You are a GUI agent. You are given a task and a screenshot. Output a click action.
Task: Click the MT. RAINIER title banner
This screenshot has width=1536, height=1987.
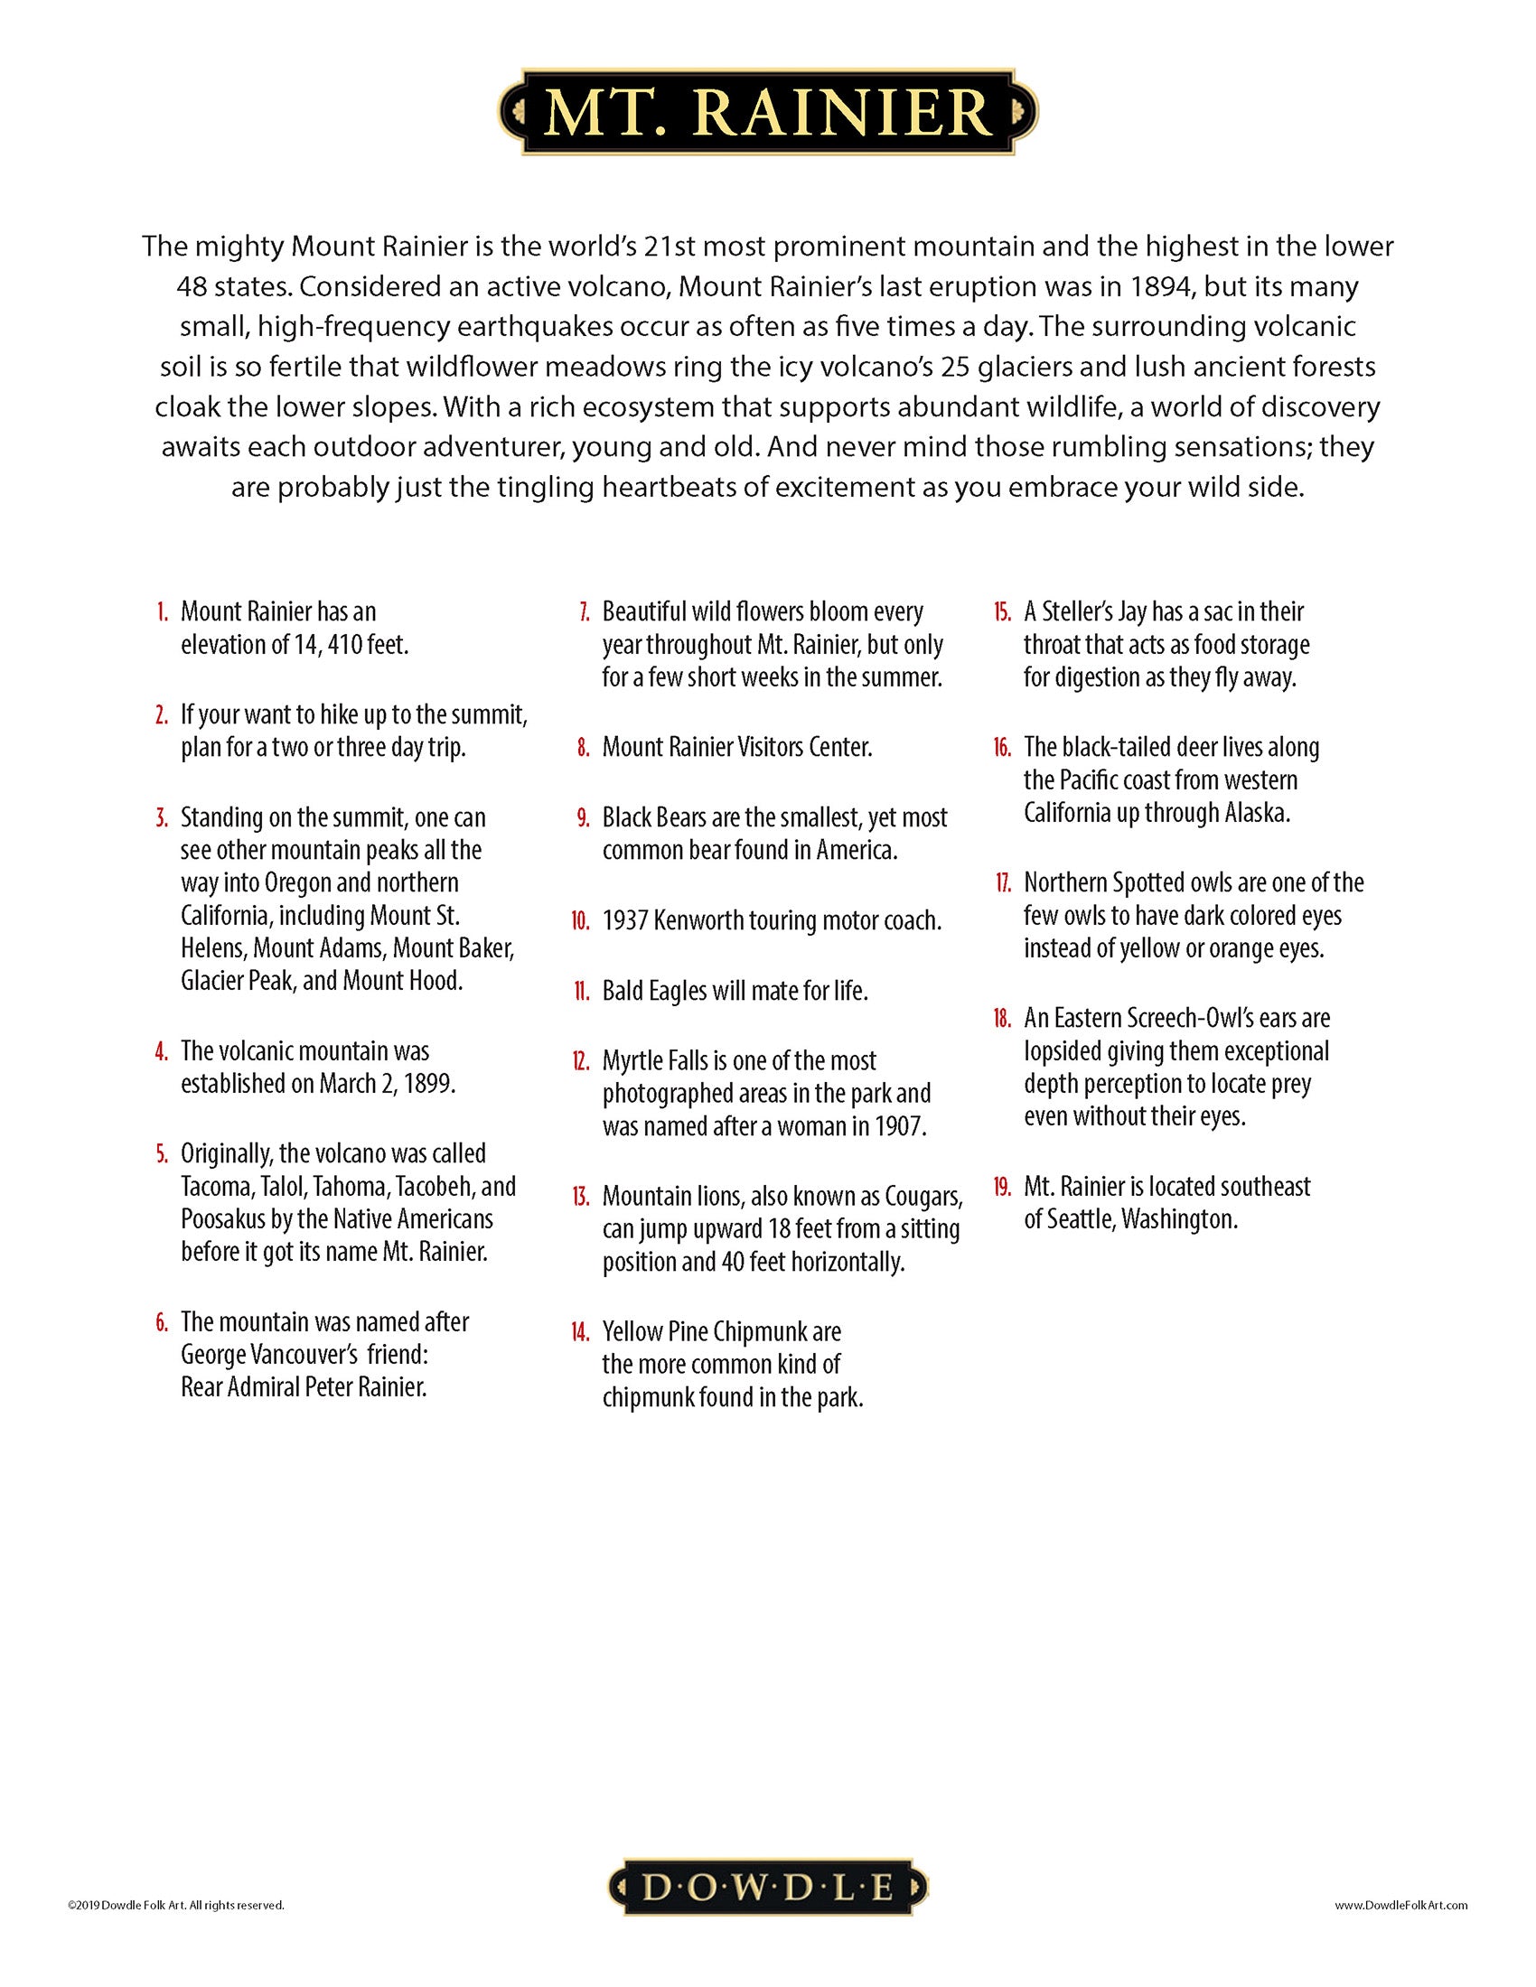tap(767, 112)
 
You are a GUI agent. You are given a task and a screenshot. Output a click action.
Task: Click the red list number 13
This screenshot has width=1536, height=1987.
tap(582, 1197)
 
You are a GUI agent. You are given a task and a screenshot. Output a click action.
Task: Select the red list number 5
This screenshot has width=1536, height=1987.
tap(162, 1153)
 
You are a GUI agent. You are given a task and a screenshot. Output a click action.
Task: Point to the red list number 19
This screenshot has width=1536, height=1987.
tap(1002, 1187)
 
